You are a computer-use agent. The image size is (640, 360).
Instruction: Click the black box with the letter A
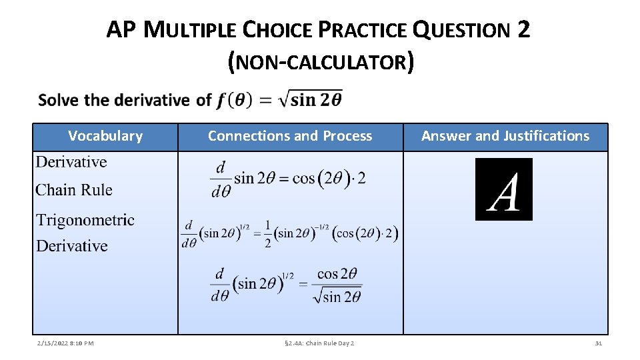pyautogui.click(x=503, y=189)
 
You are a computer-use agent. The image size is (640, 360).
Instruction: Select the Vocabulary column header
pyautogui.click(x=105, y=136)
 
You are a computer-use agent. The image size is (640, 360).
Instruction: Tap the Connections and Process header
pyautogui.click(x=290, y=136)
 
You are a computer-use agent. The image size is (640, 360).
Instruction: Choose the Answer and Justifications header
pyautogui.click(x=505, y=136)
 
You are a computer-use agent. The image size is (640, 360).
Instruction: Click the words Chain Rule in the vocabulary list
pyautogui.click(x=74, y=190)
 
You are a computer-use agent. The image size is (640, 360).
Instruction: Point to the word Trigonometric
pyautogui.click(x=85, y=220)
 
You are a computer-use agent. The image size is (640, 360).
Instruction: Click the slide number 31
pyautogui.click(x=598, y=343)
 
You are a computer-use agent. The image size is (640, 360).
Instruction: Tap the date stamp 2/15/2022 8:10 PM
pyautogui.click(x=65, y=343)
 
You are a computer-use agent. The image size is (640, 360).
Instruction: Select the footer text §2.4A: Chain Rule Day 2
pyautogui.click(x=319, y=343)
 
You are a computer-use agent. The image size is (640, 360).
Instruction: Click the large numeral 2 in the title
pyautogui.click(x=523, y=29)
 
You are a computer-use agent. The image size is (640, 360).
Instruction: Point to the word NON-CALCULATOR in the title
pyautogui.click(x=320, y=63)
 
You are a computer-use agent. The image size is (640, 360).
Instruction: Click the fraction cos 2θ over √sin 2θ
pyautogui.click(x=337, y=285)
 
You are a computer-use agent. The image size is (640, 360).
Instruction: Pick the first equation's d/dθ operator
pyautogui.click(x=219, y=178)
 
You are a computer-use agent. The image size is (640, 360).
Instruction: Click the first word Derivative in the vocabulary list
pyautogui.click(x=71, y=162)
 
